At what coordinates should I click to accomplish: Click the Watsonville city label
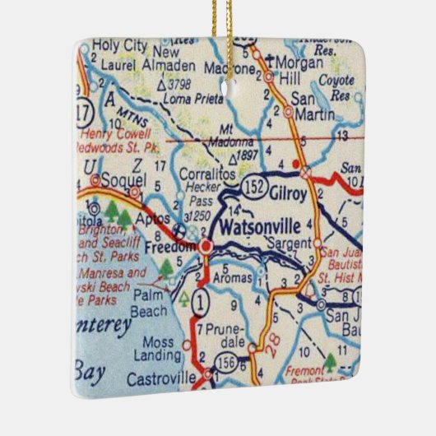click(x=262, y=224)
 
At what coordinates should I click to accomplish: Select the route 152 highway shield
click(x=253, y=188)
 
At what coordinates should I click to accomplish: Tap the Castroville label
click(x=162, y=379)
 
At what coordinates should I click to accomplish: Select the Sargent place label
click(x=289, y=244)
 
